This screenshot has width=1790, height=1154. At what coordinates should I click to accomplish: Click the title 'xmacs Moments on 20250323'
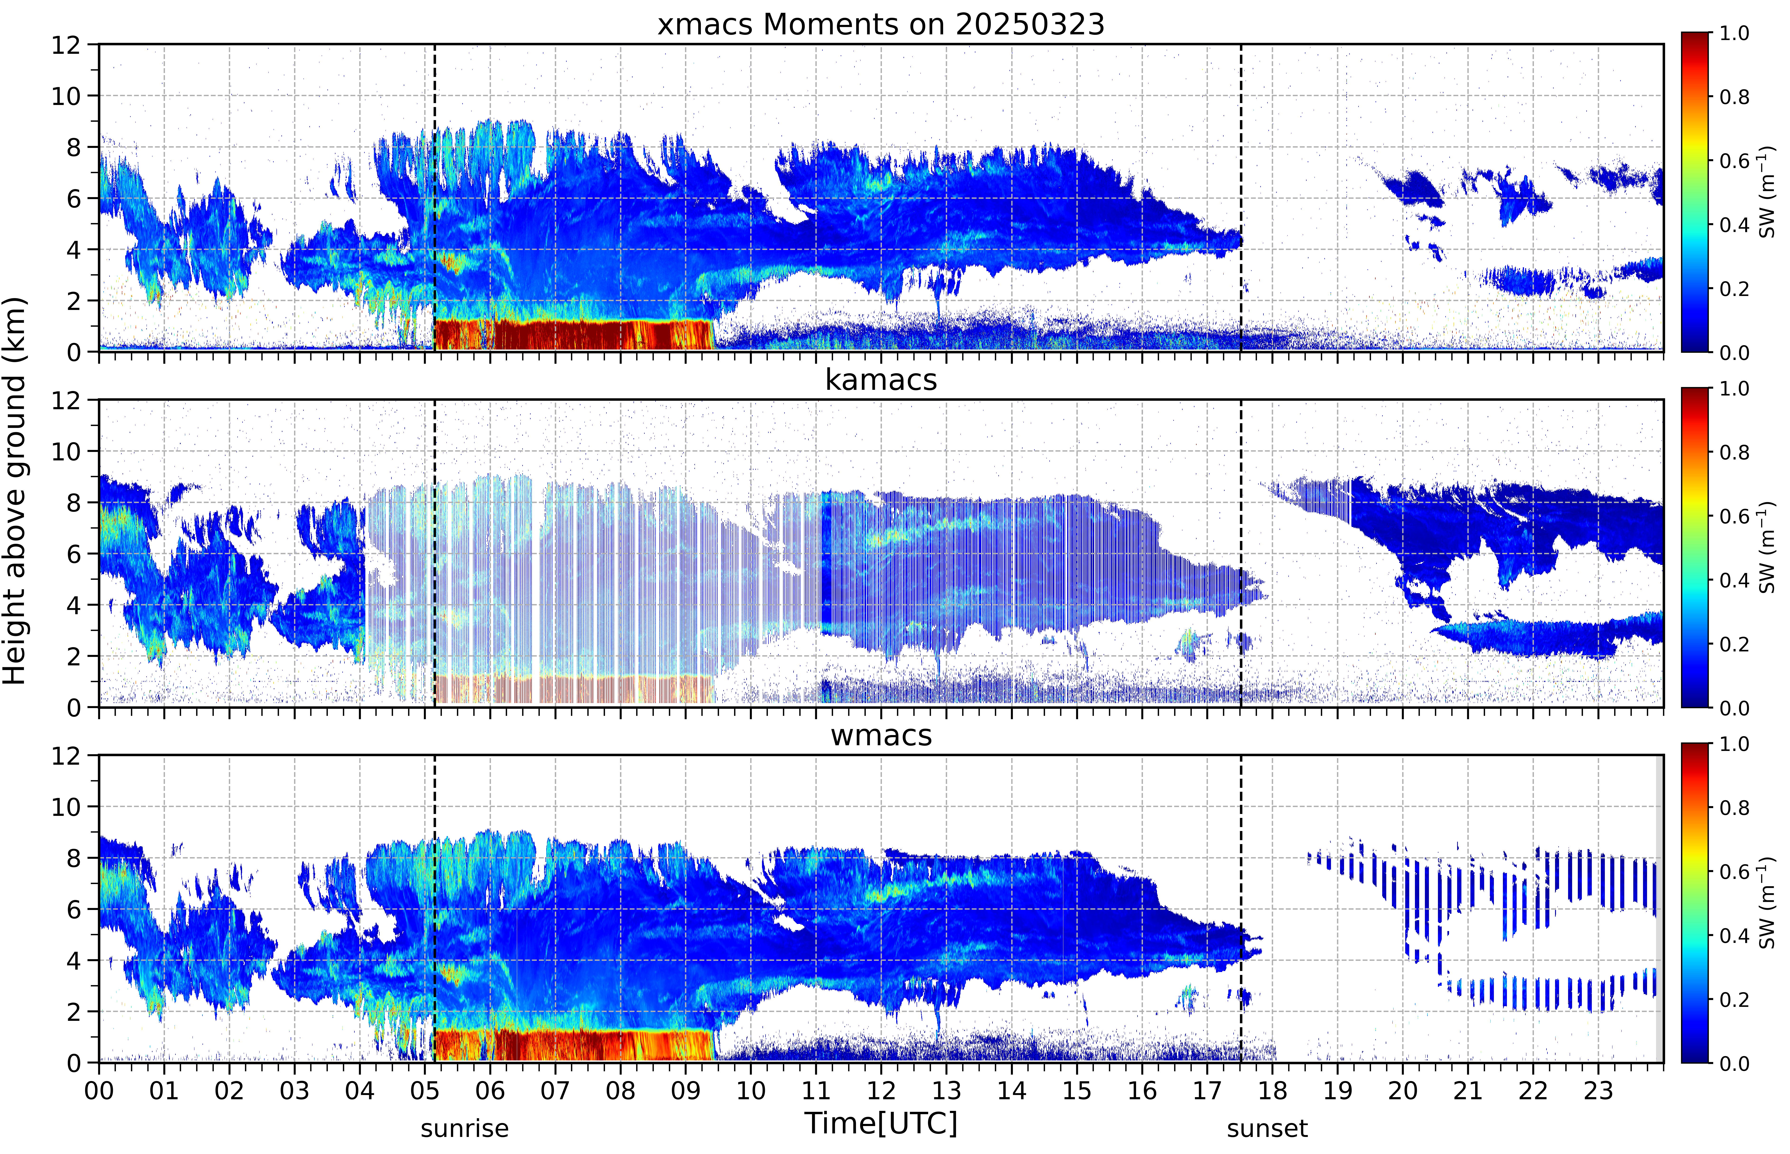(881, 25)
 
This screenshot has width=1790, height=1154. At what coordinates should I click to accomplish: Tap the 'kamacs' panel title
(881, 380)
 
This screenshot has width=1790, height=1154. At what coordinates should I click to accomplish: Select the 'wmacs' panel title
(881, 735)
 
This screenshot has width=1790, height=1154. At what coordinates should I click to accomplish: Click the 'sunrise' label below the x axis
(465, 1128)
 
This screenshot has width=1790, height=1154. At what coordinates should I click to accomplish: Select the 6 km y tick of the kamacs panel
(73, 554)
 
